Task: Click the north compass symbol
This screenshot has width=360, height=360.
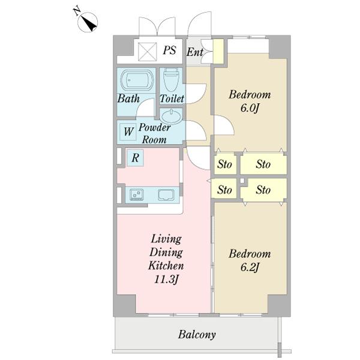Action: click(x=88, y=22)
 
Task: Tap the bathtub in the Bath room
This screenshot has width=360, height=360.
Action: click(x=137, y=80)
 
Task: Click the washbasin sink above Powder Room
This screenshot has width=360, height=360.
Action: click(x=172, y=116)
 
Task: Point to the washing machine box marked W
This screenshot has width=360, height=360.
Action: click(x=128, y=131)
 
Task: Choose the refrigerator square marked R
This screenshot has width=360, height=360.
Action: click(x=135, y=158)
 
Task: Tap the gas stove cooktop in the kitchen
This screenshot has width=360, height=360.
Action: click(x=137, y=194)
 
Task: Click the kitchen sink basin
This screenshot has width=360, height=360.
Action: click(x=166, y=195)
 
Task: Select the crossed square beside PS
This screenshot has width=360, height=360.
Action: click(x=147, y=52)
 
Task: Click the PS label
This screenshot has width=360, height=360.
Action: click(x=170, y=50)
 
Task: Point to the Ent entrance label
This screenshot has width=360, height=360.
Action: click(x=195, y=52)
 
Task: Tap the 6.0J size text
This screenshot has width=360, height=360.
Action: click(x=250, y=108)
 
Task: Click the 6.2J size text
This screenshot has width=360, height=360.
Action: click(x=250, y=267)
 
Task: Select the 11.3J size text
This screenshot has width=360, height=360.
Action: click(x=166, y=280)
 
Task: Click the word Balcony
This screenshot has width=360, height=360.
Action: click(x=197, y=335)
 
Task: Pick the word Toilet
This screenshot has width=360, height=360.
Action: click(x=172, y=98)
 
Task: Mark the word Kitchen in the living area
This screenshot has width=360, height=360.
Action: click(x=166, y=266)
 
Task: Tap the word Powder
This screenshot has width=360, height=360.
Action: click(x=155, y=127)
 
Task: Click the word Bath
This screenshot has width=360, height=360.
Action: click(x=128, y=98)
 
